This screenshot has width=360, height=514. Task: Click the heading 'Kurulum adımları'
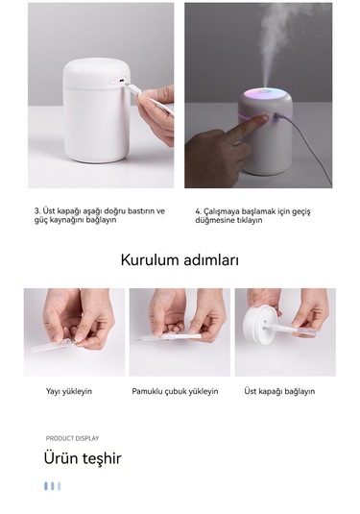[x=180, y=259]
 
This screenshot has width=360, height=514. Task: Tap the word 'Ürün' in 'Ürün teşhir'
[x=61, y=458]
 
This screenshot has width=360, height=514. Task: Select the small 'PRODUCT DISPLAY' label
[x=72, y=438]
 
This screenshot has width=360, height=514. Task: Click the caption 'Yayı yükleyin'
[x=69, y=391]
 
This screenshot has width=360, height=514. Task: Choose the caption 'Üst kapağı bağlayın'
[x=279, y=391]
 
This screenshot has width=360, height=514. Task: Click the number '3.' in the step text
[x=37, y=210]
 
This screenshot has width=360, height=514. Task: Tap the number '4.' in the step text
[x=198, y=210]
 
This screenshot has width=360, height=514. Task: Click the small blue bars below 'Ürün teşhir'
[x=52, y=486]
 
